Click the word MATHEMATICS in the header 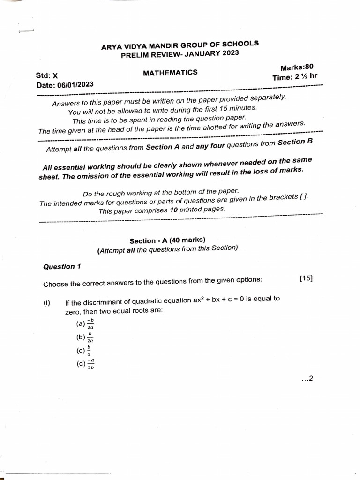pyautogui.click(x=170, y=73)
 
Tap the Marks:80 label pyautogui.click(x=296, y=67)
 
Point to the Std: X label pyautogui.click(x=47, y=75)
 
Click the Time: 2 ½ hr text pyautogui.click(x=295, y=77)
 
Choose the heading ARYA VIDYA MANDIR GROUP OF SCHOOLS pyautogui.click(x=180, y=45)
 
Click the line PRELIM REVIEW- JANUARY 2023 pyautogui.click(x=180, y=54)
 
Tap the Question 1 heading pyautogui.click(x=62, y=266)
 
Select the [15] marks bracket pyautogui.click(x=306, y=278)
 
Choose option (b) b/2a pyautogui.click(x=85, y=337)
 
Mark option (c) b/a pyautogui.click(x=83, y=351)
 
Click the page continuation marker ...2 pyautogui.click(x=307, y=379)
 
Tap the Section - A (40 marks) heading pyautogui.click(x=167, y=240)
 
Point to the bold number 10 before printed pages pyautogui.click(x=173, y=210)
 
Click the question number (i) pyautogui.click(x=47, y=303)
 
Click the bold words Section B pyautogui.click(x=295, y=142)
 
